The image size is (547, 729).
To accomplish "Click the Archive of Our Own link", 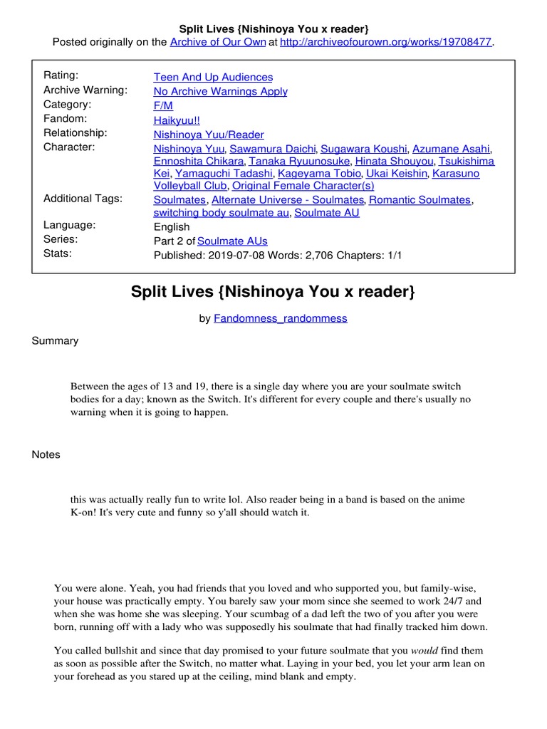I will (217, 43).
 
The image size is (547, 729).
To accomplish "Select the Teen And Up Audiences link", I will (213, 77).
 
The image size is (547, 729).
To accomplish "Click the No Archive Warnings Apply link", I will (220, 91).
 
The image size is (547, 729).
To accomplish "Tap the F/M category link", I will (163, 105).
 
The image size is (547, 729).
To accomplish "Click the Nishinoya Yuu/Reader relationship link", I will (209, 135).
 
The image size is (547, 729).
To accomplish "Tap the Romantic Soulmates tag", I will (420, 200).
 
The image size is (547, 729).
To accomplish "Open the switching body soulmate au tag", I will (221, 212).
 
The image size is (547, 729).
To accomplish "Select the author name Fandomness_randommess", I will (280, 318).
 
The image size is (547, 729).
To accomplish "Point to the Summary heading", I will (55, 341).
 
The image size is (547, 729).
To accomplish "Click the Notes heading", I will (46, 455).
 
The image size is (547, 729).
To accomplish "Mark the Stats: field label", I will (58, 253).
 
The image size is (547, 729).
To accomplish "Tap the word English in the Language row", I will (172, 227).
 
